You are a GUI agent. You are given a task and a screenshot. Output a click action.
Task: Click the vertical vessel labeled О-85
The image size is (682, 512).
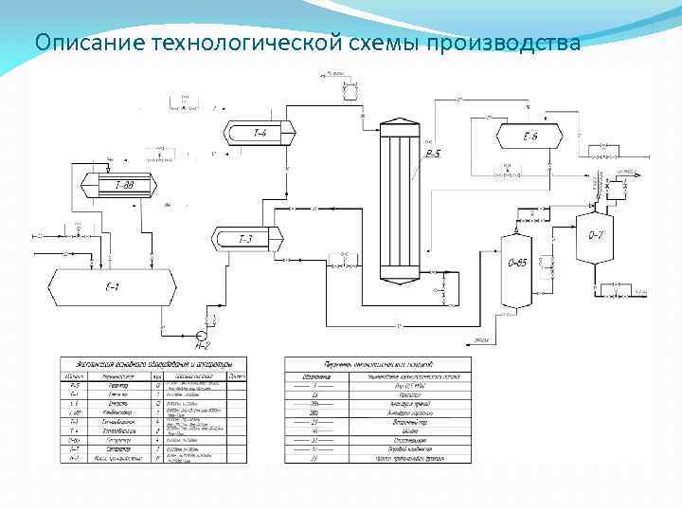(x=517, y=261)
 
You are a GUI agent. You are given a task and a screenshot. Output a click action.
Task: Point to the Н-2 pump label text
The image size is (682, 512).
(x=202, y=347)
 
